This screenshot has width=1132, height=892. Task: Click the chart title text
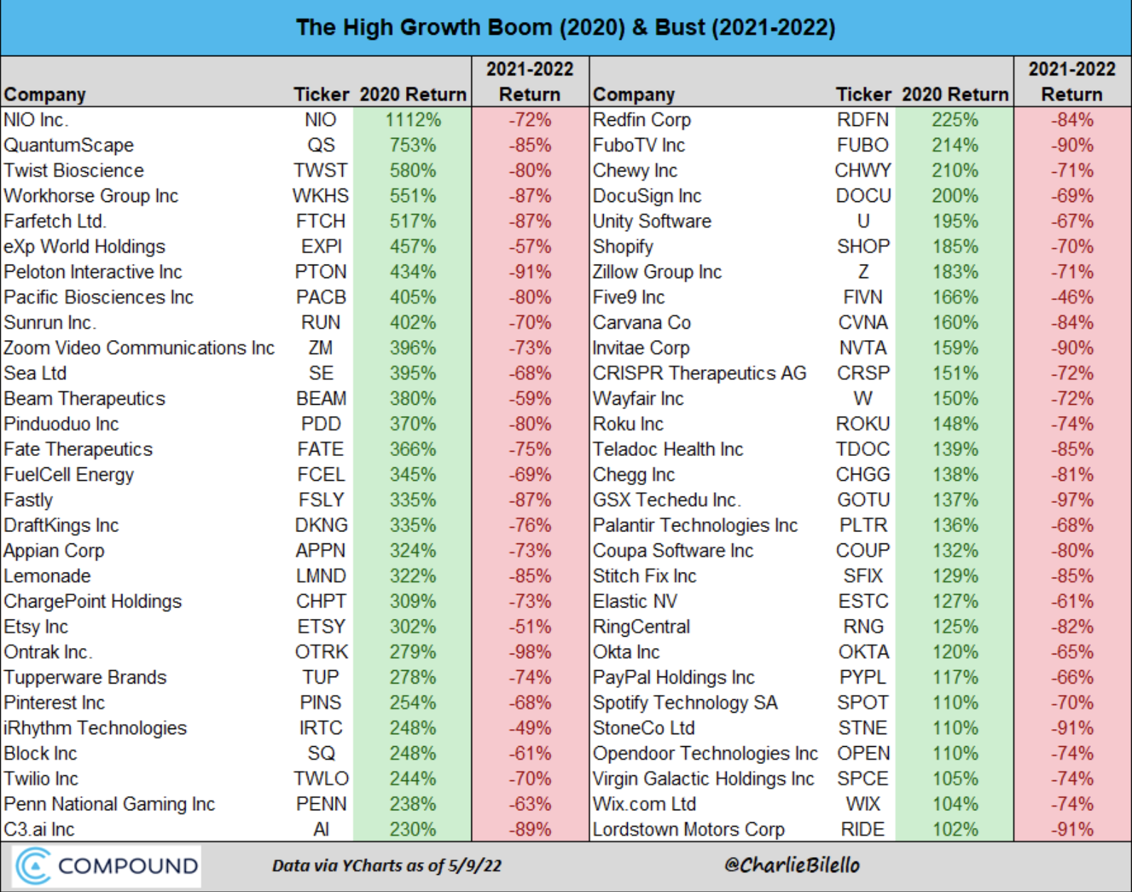(565, 28)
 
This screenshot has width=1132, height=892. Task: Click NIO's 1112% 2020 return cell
(412, 120)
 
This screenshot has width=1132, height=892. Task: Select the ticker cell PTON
(321, 272)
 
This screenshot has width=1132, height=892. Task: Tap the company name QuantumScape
(69, 145)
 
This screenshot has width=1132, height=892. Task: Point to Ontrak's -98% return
(530, 652)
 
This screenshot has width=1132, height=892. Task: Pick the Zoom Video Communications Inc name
(139, 349)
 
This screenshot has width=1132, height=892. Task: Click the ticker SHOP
(863, 247)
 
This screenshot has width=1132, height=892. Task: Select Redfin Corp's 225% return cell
(955, 120)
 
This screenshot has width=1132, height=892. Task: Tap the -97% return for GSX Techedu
(1072, 500)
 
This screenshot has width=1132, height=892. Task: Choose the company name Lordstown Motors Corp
(688, 829)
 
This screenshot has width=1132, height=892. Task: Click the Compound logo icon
(33, 866)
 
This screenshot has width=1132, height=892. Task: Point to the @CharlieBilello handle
(791, 865)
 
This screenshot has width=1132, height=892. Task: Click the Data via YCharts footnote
(387, 866)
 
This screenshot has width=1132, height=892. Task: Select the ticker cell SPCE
(863, 779)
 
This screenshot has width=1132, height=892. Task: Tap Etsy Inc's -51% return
(530, 627)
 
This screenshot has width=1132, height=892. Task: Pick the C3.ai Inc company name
(39, 829)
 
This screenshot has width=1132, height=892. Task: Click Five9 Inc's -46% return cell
(1072, 297)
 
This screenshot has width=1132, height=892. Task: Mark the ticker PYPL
(863, 677)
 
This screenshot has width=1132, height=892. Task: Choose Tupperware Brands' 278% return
(412, 677)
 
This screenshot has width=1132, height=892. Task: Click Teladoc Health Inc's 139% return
(955, 450)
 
